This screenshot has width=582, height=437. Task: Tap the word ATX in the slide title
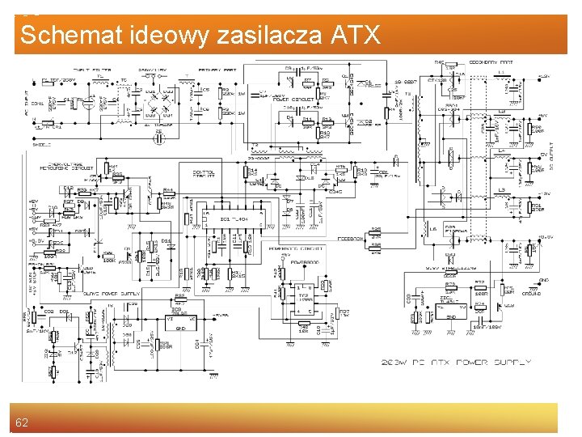click(x=355, y=36)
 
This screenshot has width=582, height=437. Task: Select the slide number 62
click(x=22, y=422)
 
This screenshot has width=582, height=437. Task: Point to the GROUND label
click(x=530, y=294)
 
